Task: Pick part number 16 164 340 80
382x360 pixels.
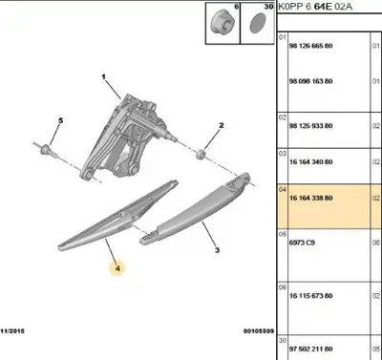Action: (x=309, y=162)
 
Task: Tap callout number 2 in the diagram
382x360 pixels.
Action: (x=221, y=126)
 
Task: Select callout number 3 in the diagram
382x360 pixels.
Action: (x=218, y=250)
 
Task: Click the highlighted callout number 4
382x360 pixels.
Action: (x=117, y=269)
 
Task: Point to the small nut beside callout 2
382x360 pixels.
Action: (x=202, y=152)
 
